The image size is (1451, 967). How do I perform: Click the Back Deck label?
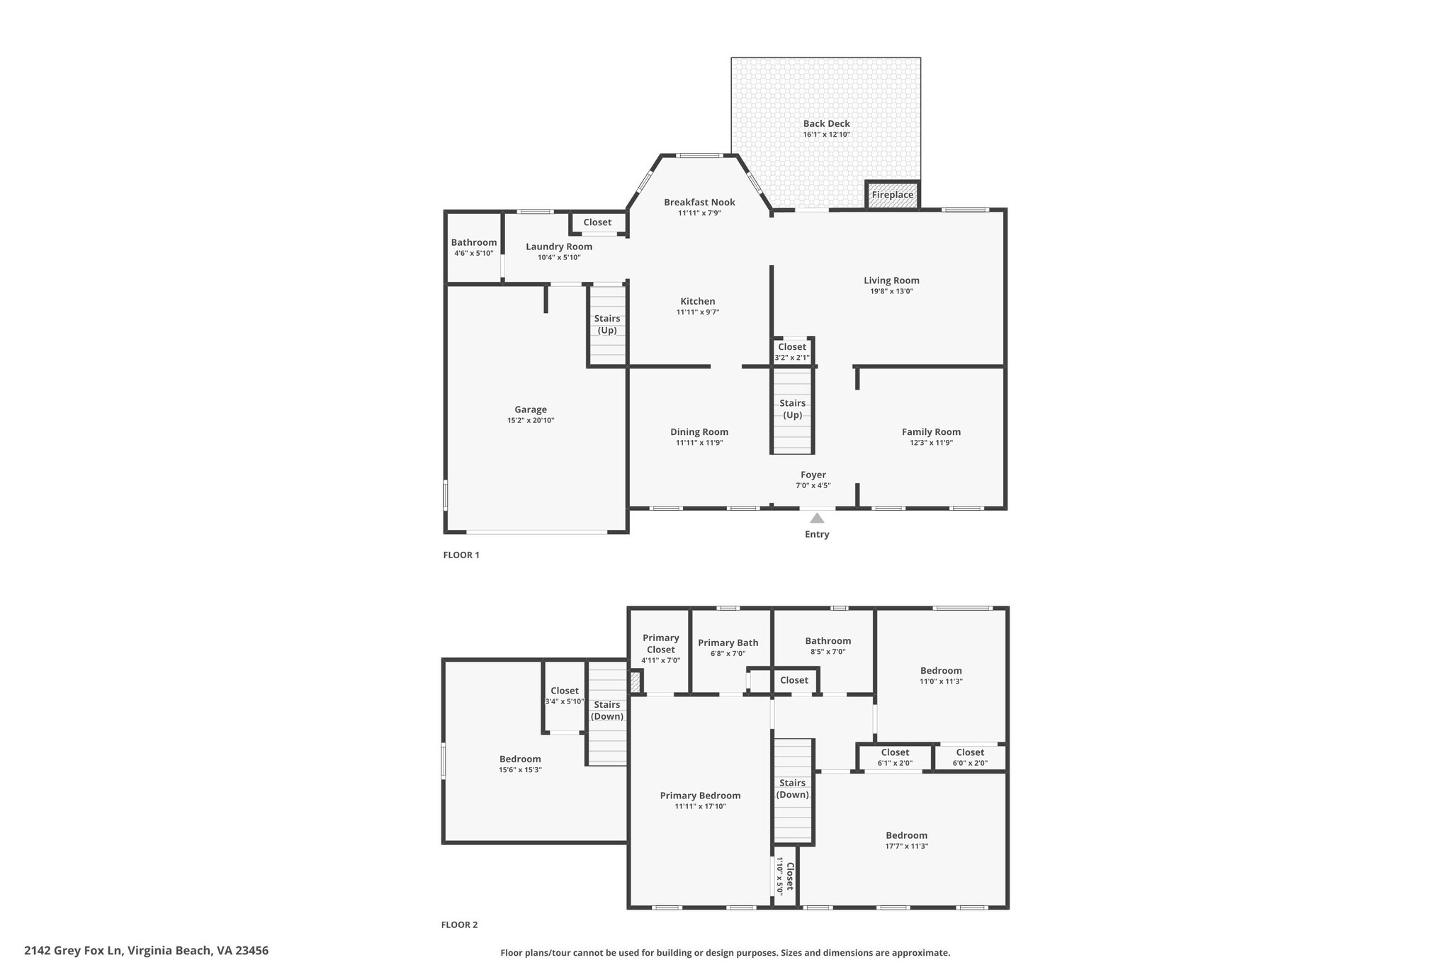coord(826,123)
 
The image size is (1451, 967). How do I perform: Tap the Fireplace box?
coord(893,195)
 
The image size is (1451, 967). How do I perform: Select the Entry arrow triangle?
coord(817,518)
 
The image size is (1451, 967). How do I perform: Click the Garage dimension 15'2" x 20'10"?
coord(531,420)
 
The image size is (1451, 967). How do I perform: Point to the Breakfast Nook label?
coord(699,202)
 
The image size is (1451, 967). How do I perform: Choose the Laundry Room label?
coord(559,247)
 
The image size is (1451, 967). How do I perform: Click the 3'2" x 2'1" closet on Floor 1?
coord(792,352)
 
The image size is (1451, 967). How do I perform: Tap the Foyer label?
coord(813,475)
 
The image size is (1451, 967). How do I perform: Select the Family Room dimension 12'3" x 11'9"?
coord(932,443)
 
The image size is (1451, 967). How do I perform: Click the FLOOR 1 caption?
coord(461,555)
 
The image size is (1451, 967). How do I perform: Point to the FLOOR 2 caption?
coord(460,924)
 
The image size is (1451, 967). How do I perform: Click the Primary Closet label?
coord(661,643)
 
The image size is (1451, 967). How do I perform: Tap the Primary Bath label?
coord(728,643)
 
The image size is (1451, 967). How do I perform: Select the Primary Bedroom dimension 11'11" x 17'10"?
coord(700,806)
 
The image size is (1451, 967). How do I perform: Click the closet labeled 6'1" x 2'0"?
coord(895,757)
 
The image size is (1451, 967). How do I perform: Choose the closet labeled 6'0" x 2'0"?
coord(970,757)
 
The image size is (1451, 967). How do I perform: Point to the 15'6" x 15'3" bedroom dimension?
coord(520,770)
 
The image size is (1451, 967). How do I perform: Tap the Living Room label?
coord(891,281)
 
